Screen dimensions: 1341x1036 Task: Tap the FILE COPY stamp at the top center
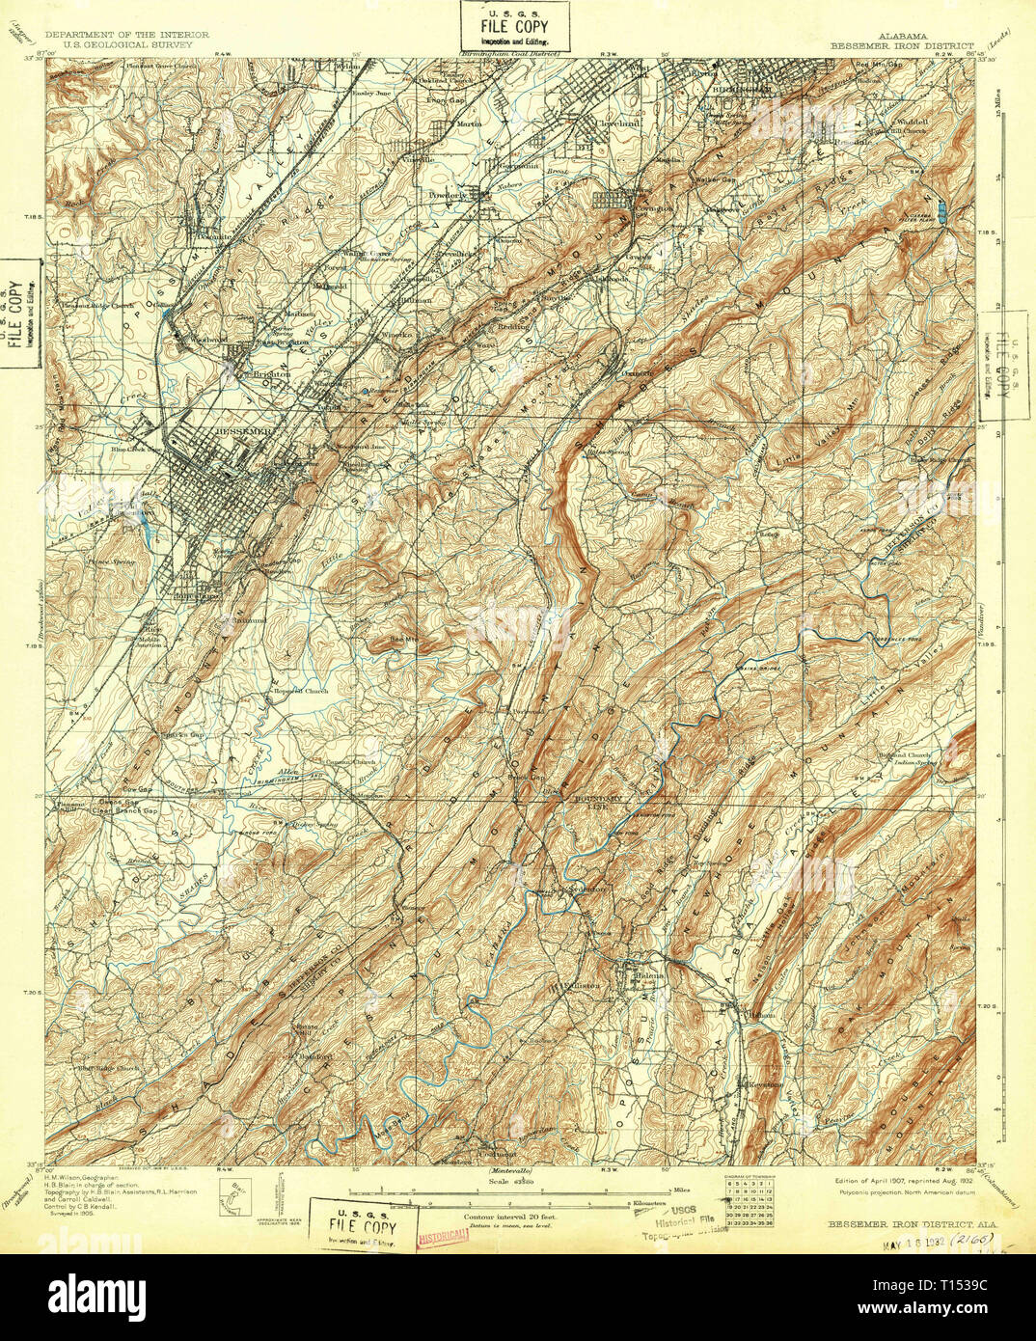tap(516, 27)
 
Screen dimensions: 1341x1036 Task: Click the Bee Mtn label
tap(401, 638)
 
